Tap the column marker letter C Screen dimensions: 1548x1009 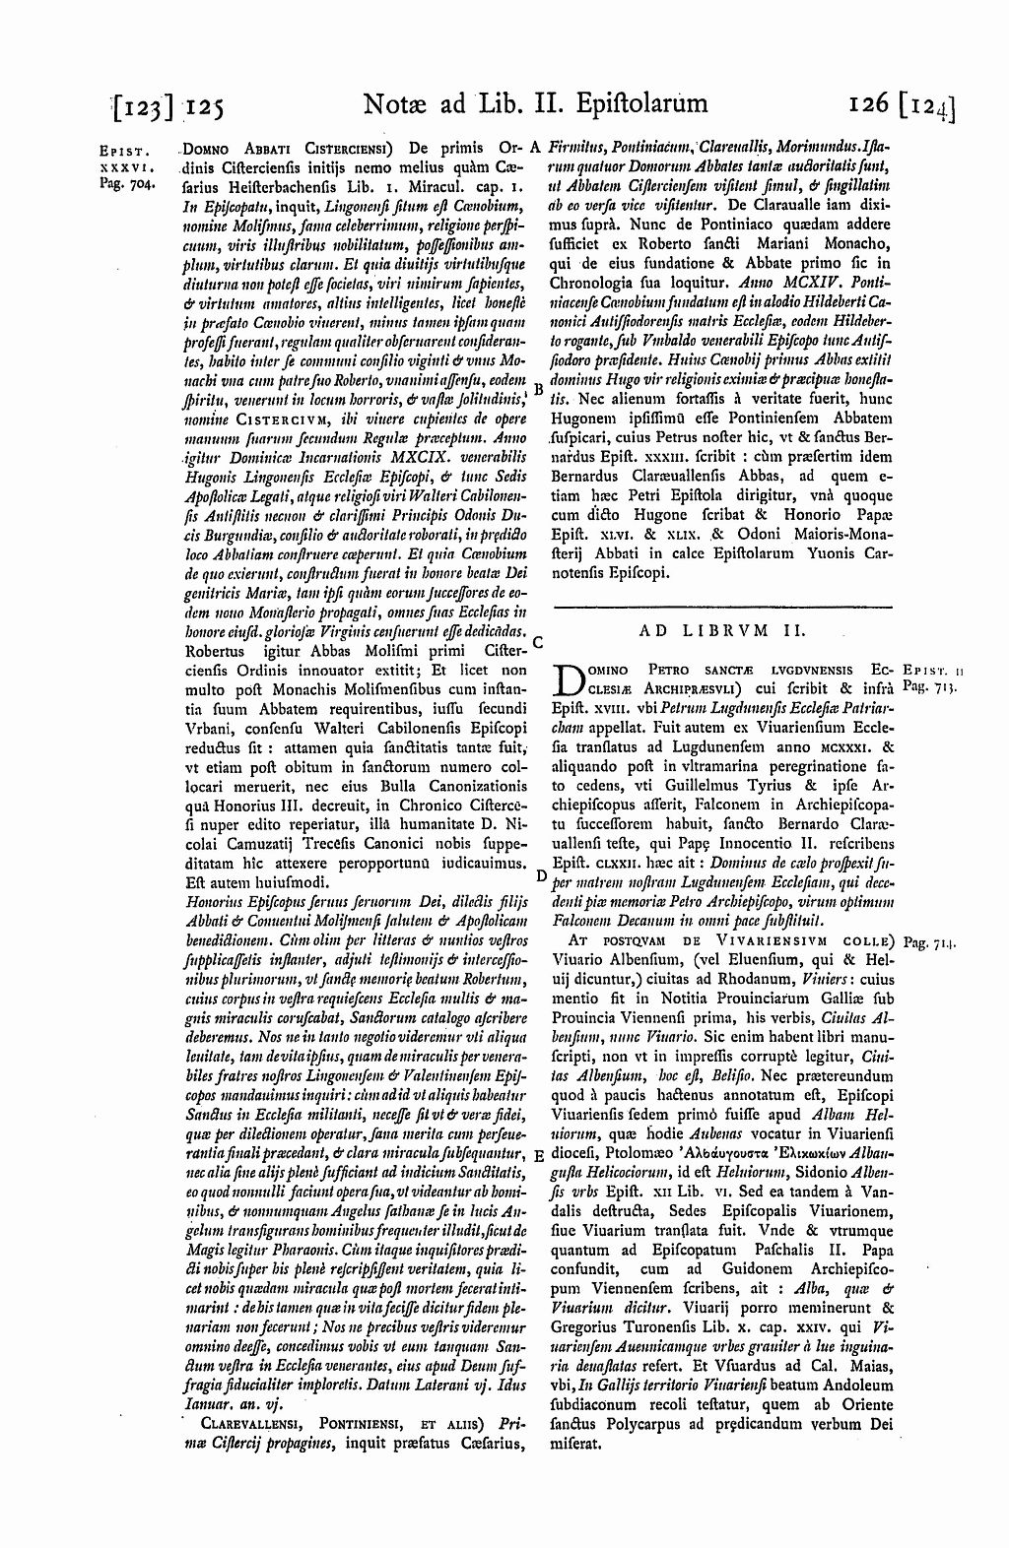click(x=538, y=641)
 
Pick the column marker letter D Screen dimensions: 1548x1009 click(x=540, y=873)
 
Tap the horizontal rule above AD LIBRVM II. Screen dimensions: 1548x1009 click(x=721, y=605)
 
